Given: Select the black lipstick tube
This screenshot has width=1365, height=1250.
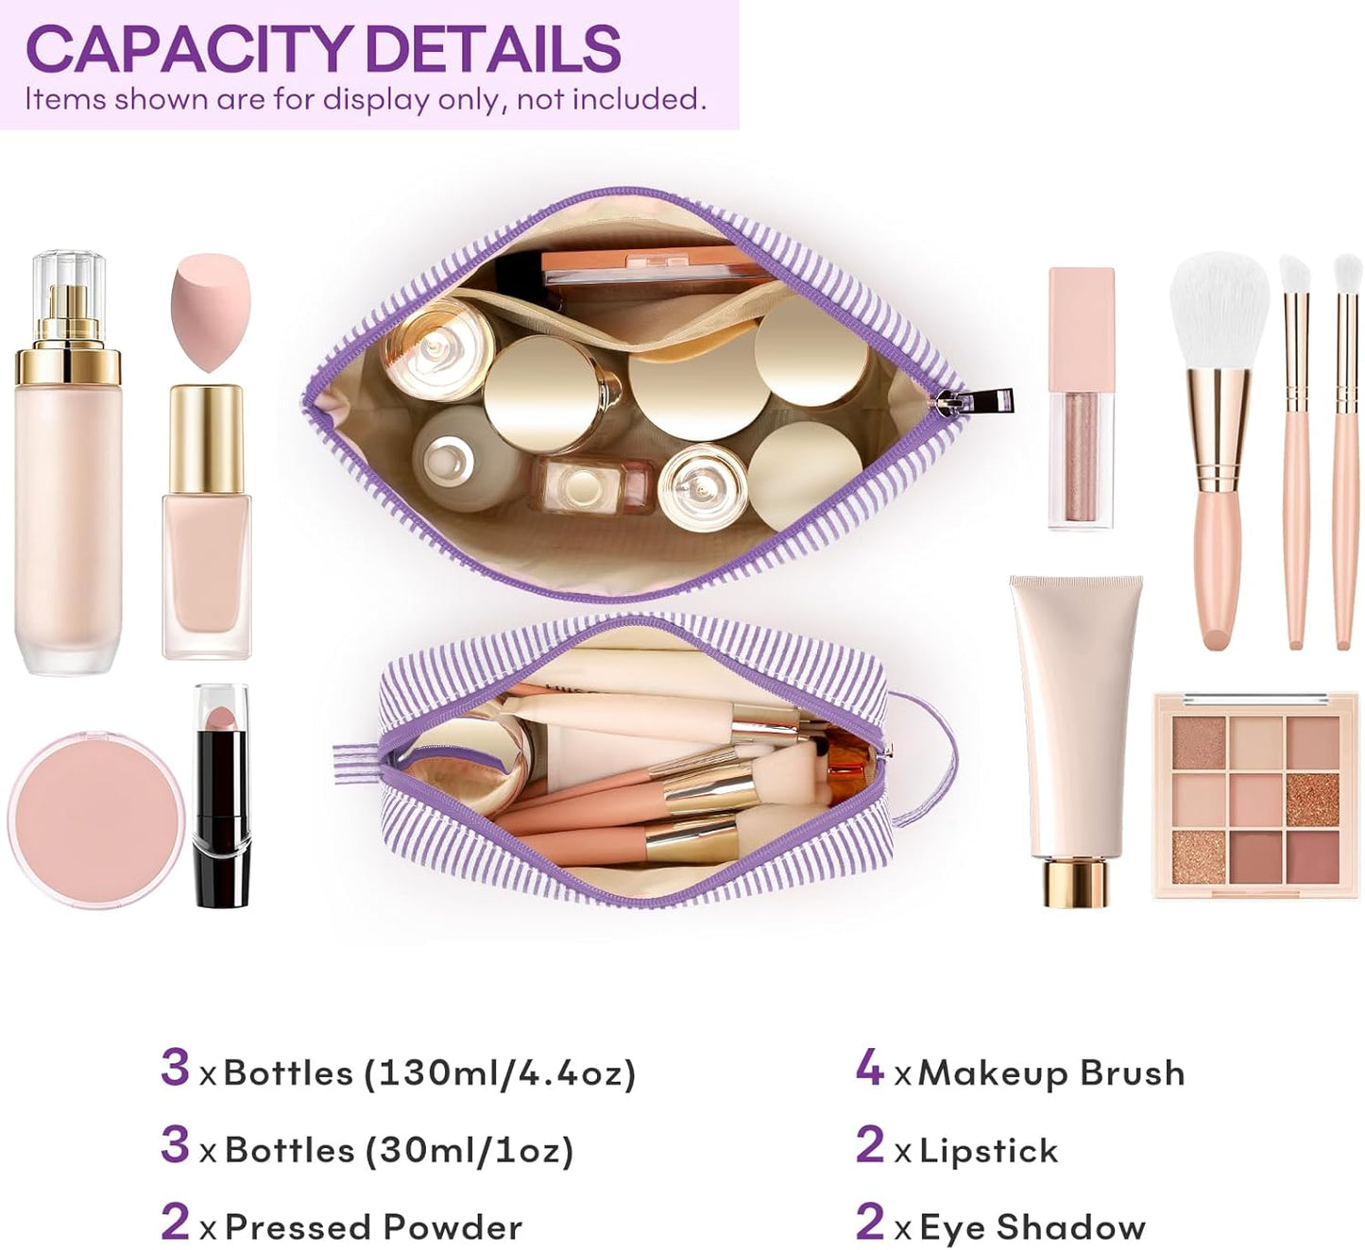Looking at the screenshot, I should click(x=221, y=798).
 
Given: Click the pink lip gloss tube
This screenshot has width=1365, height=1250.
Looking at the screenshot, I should click(x=1081, y=397).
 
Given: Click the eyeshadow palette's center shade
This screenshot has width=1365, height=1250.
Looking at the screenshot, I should click(x=1255, y=800).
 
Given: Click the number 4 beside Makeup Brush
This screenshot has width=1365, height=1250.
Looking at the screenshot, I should click(x=869, y=1067).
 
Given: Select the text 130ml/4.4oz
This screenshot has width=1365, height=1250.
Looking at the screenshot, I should click(x=499, y=1073).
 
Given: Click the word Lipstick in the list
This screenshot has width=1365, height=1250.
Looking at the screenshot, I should click(x=988, y=1150).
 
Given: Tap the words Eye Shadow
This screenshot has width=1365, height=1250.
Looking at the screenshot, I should click(x=1032, y=1227).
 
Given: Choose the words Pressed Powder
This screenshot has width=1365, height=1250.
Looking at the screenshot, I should click(x=373, y=1227).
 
